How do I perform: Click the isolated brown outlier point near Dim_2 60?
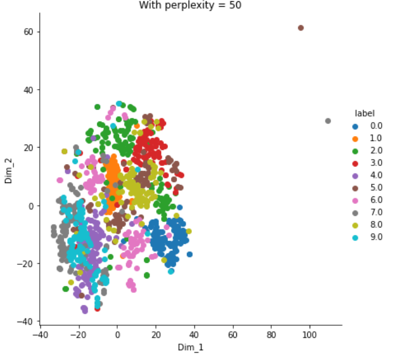300,27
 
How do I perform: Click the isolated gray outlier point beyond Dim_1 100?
328,121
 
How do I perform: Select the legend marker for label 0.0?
355,127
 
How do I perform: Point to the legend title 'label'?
365,113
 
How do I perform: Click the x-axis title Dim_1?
191,347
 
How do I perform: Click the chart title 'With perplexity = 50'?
190,5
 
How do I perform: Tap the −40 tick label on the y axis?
25,322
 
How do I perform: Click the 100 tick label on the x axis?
309,334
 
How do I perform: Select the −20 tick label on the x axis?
78,334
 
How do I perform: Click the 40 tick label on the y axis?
28,90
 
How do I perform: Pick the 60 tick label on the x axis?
233,334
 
